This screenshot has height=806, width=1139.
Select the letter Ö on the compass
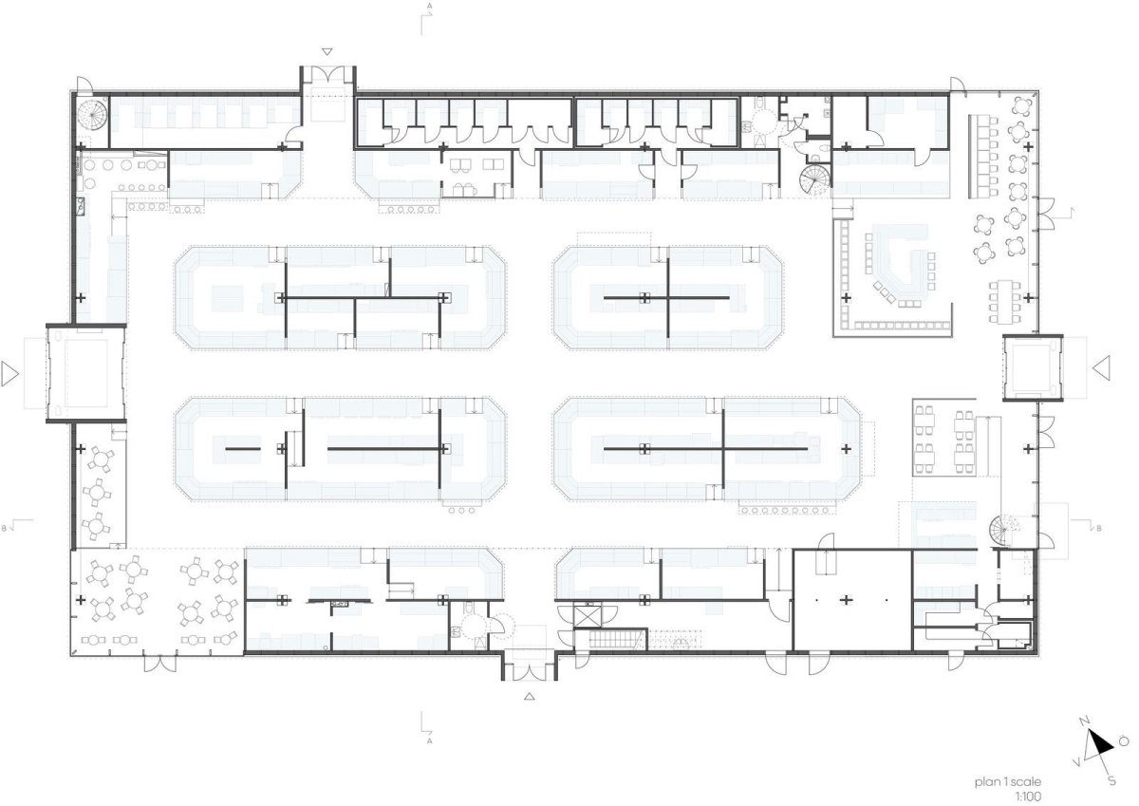tap(1123, 742)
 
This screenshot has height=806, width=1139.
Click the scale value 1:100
tap(1028, 797)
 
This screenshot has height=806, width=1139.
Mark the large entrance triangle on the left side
tap(9, 374)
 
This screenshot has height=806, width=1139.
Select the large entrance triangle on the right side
tap(1102, 368)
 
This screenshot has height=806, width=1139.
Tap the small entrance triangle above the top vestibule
tap(327, 51)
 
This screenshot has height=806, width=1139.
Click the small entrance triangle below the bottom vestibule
tap(530, 696)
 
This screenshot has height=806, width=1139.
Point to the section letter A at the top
tap(430, 6)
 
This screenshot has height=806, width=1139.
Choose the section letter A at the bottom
tap(430, 740)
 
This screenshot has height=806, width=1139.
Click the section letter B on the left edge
tap(4, 529)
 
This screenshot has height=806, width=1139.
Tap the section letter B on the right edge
tap(1099, 529)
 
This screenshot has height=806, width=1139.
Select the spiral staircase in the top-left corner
tap(92, 116)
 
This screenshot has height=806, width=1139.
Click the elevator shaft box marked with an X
tap(587, 615)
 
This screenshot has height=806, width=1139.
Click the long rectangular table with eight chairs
tap(1005, 301)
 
